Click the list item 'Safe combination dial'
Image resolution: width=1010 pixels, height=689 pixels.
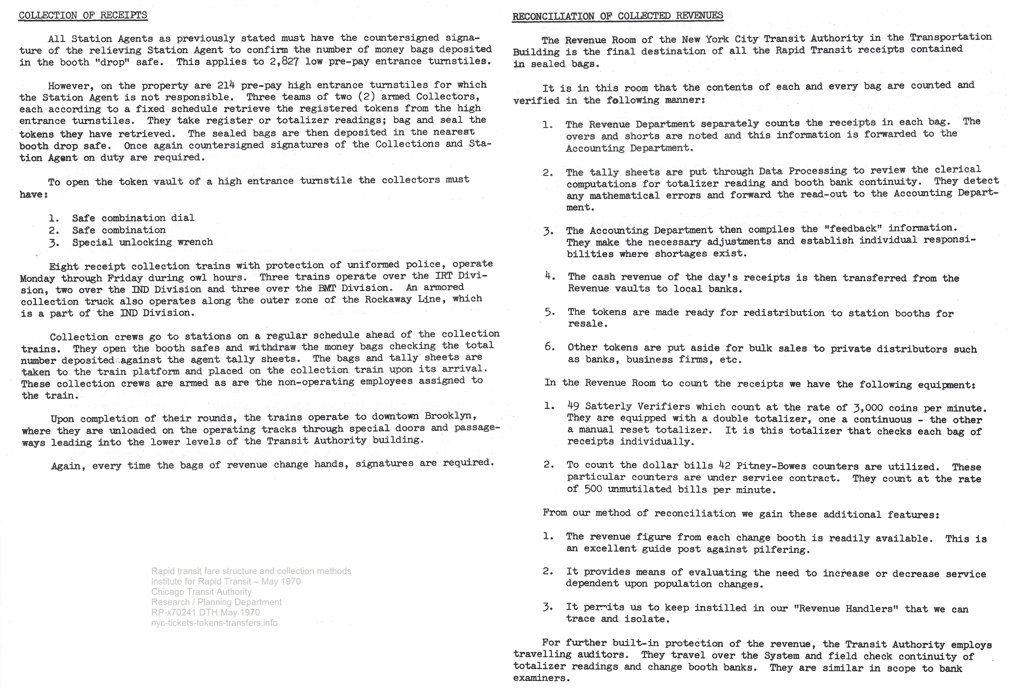pos(133,218)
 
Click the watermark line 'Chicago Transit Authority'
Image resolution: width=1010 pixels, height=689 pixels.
pos(201,592)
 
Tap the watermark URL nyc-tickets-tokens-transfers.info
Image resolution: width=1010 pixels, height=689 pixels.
pos(214,622)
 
